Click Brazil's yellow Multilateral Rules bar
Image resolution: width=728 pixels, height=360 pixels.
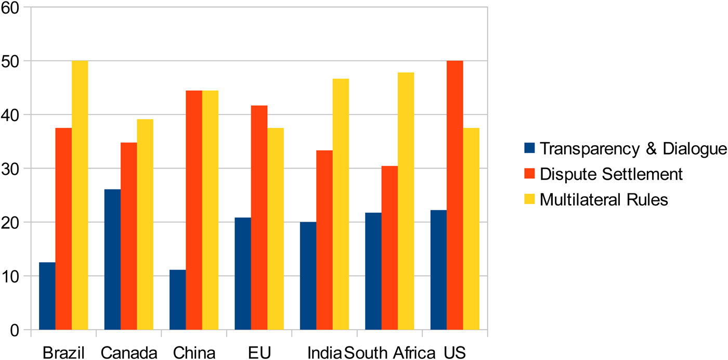[x=80, y=195]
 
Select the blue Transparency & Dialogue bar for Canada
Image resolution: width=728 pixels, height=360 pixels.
[x=112, y=260]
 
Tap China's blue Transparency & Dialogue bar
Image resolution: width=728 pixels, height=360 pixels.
[x=178, y=300]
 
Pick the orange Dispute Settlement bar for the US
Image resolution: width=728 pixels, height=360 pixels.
[x=454, y=195]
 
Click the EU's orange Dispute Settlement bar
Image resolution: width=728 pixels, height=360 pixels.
[x=259, y=217]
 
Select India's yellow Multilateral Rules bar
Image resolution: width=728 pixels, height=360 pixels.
[x=341, y=204]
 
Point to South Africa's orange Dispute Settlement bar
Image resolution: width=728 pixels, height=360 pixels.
[x=389, y=248]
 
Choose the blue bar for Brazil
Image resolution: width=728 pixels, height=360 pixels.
[x=47, y=296]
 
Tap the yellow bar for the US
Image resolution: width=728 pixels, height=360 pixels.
[x=471, y=229]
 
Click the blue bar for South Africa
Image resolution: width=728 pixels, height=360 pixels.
[x=373, y=271]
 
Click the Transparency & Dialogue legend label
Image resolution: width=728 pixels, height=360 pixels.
[x=633, y=149]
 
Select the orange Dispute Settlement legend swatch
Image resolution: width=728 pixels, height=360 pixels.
[x=529, y=173]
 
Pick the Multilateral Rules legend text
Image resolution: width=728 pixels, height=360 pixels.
[x=604, y=199]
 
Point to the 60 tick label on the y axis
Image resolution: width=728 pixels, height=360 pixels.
[x=10, y=8]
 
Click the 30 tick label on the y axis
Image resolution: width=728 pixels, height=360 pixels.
[x=10, y=169]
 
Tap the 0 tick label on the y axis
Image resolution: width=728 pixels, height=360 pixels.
[x=15, y=330]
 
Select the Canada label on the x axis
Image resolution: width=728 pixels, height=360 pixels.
[x=129, y=353]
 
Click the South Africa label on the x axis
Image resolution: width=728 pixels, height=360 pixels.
[x=389, y=353]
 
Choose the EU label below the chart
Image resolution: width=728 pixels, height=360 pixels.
[x=259, y=353]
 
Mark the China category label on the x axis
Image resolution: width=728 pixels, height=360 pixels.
[x=194, y=353]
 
